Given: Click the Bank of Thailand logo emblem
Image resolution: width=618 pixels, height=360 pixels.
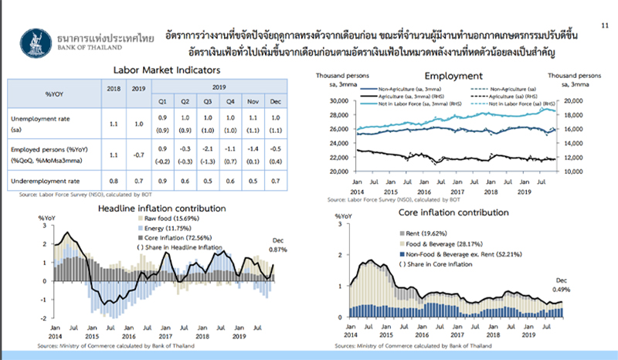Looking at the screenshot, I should point(36,38).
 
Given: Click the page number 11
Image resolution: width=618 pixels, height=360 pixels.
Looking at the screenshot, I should point(603,25).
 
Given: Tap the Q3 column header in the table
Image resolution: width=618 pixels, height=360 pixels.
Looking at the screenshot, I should point(209,100).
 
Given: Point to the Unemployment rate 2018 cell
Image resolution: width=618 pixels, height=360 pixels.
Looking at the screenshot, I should point(114,124).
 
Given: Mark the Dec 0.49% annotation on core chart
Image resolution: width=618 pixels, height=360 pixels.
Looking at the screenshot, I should point(562,284).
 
